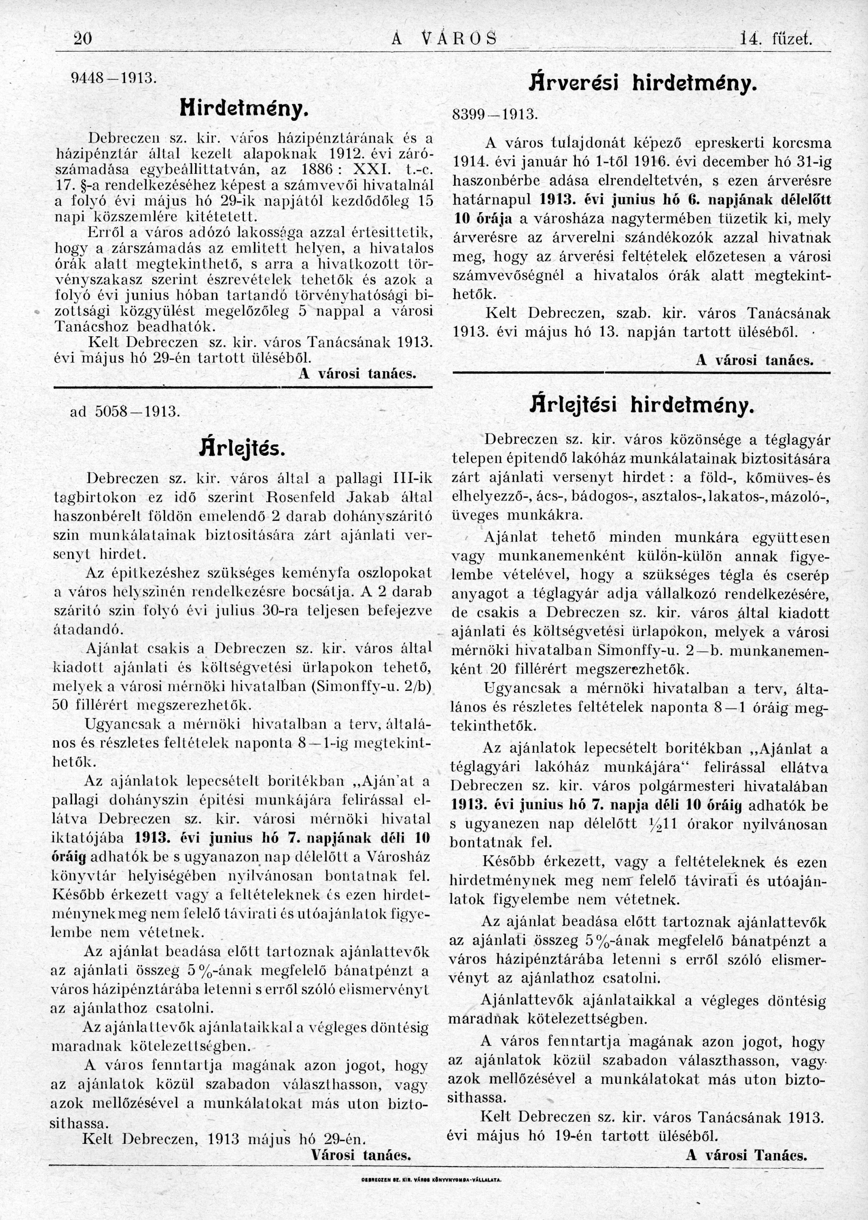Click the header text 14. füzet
coord(775,39)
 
